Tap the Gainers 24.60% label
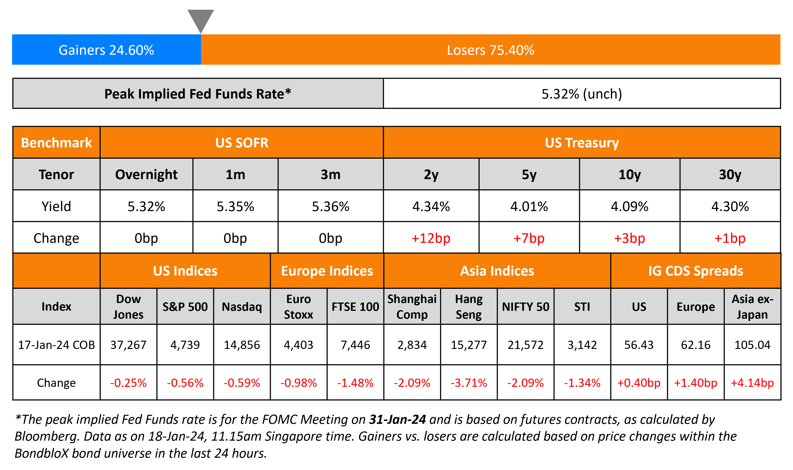(x=106, y=50)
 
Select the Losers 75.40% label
(x=490, y=50)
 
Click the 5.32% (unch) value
(x=581, y=94)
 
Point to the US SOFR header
(x=242, y=143)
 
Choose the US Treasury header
(x=581, y=143)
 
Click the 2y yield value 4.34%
(x=431, y=207)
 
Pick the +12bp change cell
(x=431, y=238)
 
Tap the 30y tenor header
(x=730, y=175)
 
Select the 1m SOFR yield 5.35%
(x=235, y=207)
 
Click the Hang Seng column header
(x=469, y=307)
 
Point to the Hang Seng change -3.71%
(x=469, y=383)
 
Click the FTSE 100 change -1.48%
(x=355, y=383)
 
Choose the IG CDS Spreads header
(x=695, y=271)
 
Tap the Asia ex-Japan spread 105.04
(x=752, y=345)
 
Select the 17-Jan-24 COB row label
(x=56, y=345)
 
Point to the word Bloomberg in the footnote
(x=46, y=436)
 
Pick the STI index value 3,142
(x=582, y=345)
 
